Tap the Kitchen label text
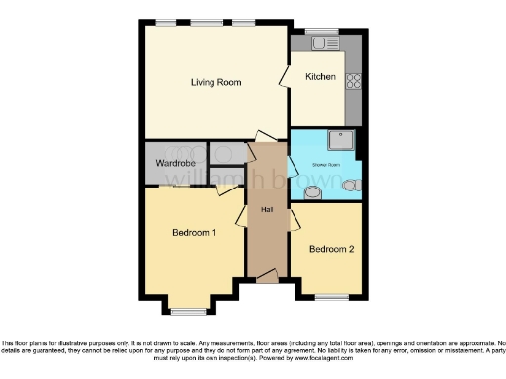(x=320, y=77)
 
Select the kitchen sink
(x=321, y=42)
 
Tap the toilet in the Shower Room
(x=314, y=190)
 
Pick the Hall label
(x=266, y=210)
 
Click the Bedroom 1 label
(x=194, y=233)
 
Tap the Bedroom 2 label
(x=329, y=249)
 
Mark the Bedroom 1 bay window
(x=184, y=310)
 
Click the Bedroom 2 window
(x=331, y=296)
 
